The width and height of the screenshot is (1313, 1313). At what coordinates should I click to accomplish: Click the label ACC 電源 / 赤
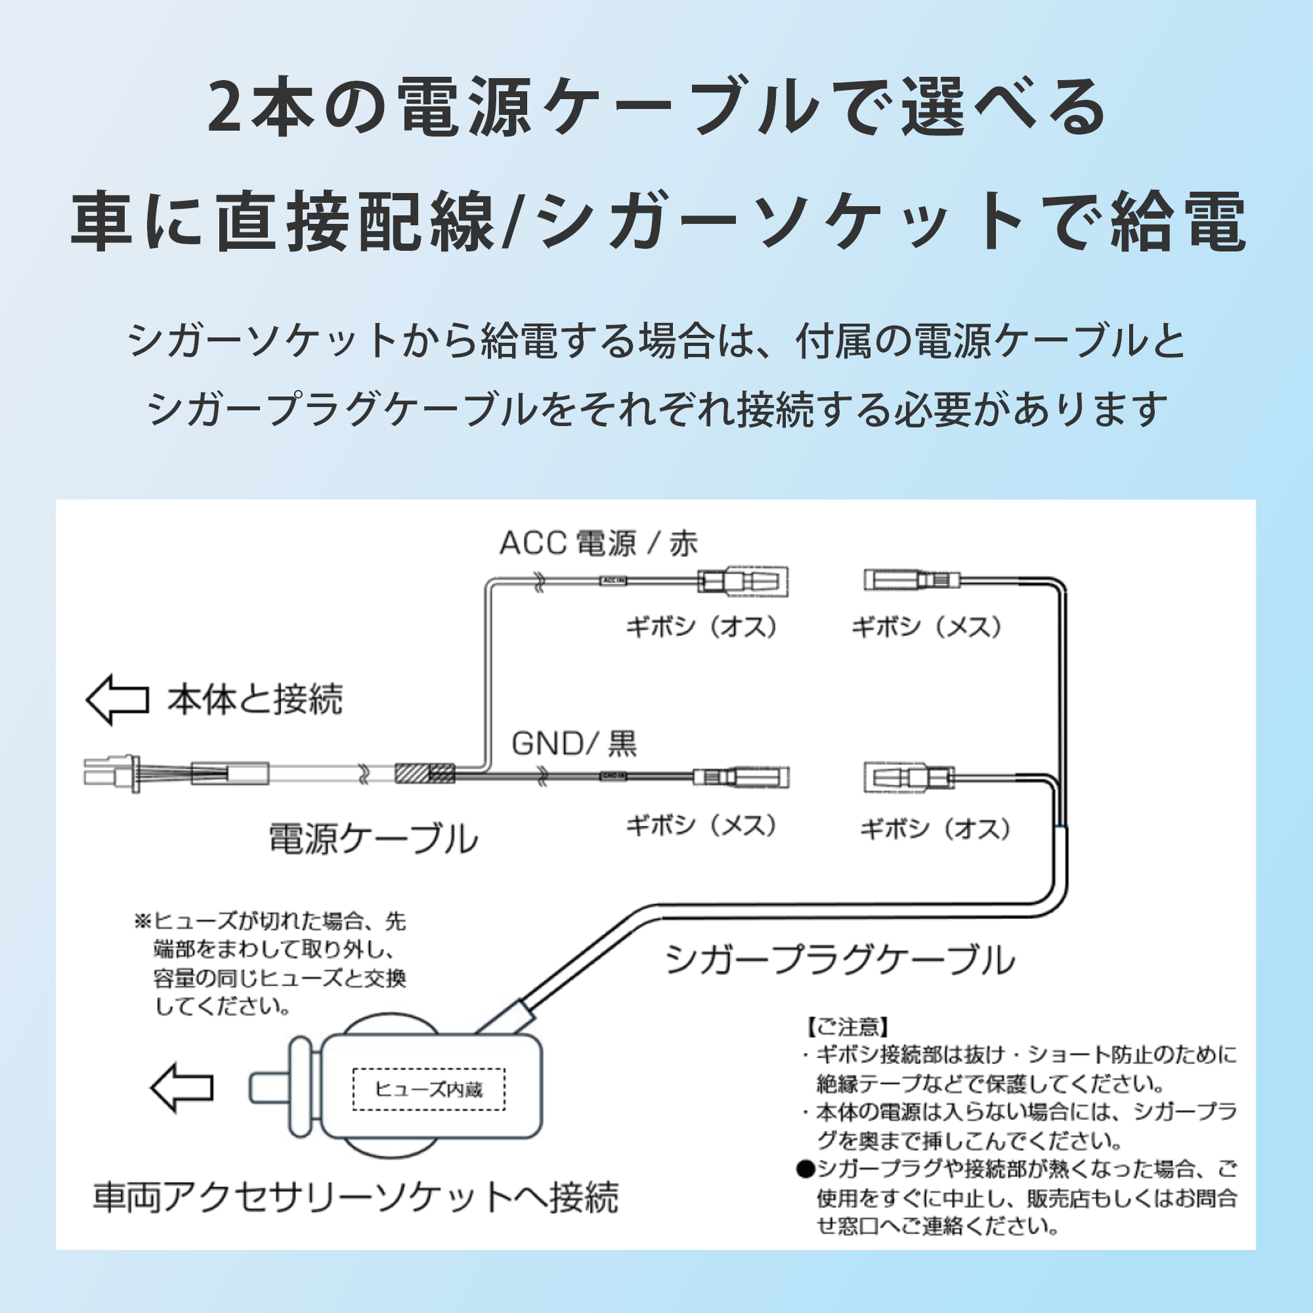598,544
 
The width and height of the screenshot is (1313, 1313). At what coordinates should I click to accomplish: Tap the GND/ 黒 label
574,744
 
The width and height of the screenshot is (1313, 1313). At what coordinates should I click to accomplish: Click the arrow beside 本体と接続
118,699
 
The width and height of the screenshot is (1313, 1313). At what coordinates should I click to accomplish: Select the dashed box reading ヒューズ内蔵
429,1090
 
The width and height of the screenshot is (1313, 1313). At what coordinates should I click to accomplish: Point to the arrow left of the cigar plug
181,1088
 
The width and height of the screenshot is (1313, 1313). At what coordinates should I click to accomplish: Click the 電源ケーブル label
373,838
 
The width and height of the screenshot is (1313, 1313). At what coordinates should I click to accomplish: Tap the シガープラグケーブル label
839,960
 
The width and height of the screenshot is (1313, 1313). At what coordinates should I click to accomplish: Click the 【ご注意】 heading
847,1027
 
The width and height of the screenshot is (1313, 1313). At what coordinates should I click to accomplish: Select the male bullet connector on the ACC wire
743,582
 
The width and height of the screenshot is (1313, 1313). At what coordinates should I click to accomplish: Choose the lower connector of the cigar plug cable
909,777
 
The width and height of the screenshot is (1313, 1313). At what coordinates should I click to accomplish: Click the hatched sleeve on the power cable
425,773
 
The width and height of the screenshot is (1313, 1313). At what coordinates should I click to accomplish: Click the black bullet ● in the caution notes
806,1170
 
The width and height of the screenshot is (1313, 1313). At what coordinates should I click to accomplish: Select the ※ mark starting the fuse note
142,922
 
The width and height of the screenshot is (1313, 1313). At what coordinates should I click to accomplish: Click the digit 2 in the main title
228,108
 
